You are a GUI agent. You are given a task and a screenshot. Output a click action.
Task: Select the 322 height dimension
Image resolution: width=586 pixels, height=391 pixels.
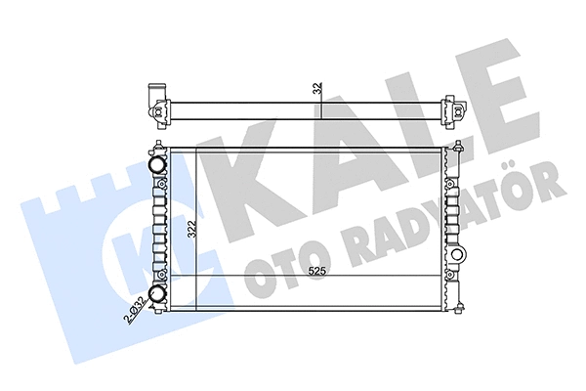click(x=193, y=231)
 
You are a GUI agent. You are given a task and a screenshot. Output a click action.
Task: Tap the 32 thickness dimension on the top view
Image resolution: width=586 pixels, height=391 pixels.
click(x=316, y=88)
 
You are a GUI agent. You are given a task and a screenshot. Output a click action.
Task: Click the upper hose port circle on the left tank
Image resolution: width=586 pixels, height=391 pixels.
click(x=156, y=165)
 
